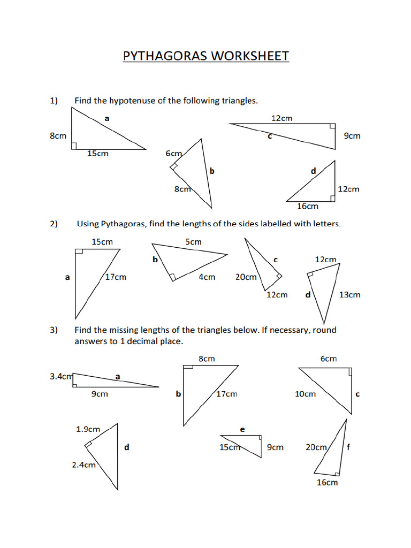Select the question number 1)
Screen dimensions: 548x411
click(x=54, y=100)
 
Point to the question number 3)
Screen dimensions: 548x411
click(x=54, y=330)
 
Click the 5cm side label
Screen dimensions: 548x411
click(x=194, y=242)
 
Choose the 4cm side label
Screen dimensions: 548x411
click(x=207, y=277)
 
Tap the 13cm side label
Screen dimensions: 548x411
click(x=350, y=294)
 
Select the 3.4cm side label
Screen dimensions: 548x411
click(x=60, y=376)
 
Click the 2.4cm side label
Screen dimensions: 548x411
click(x=83, y=465)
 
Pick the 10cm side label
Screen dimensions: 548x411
click(x=306, y=394)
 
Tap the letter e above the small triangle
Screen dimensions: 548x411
click(x=242, y=429)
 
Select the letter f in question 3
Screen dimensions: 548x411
click(x=348, y=447)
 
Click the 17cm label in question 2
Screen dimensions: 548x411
click(x=116, y=277)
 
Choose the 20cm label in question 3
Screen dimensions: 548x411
click(x=316, y=447)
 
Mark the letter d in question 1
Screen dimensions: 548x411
click(x=314, y=171)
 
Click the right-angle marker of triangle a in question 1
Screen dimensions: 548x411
click(x=74, y=146)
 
